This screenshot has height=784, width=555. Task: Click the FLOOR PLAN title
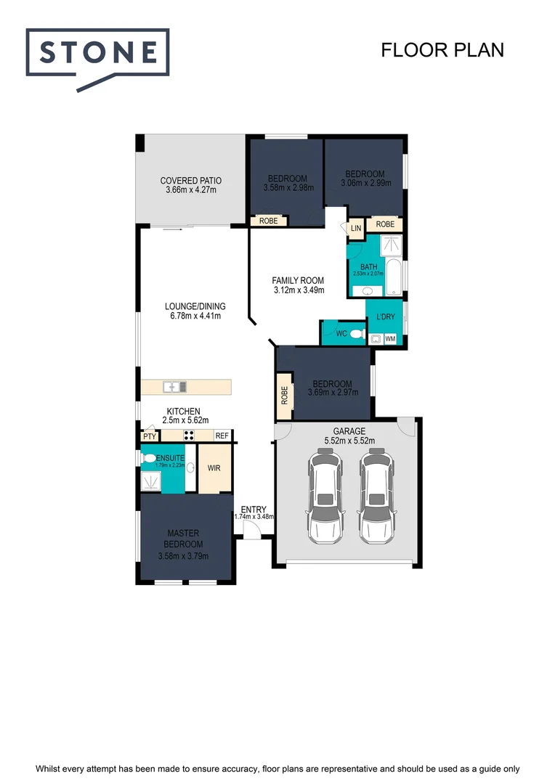click(442, 49)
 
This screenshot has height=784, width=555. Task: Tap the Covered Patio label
click(191, 181)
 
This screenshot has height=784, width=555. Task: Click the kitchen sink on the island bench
click(175, 386)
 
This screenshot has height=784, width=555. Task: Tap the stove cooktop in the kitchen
click(190, 436)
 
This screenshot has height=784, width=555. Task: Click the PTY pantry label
click(150, 436)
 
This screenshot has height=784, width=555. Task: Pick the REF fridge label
click(222, 436)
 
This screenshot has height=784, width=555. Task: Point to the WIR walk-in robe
click(214, 468)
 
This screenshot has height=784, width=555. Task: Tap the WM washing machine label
click(390, 339)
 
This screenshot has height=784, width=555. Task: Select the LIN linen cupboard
click(356, 228)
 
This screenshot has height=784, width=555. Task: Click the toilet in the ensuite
click(150, 458)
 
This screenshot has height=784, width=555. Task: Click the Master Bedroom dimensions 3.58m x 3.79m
click(183, 556)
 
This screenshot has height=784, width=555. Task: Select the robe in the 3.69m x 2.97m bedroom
click(284, 395)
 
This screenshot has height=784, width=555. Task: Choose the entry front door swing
click(250, 531)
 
